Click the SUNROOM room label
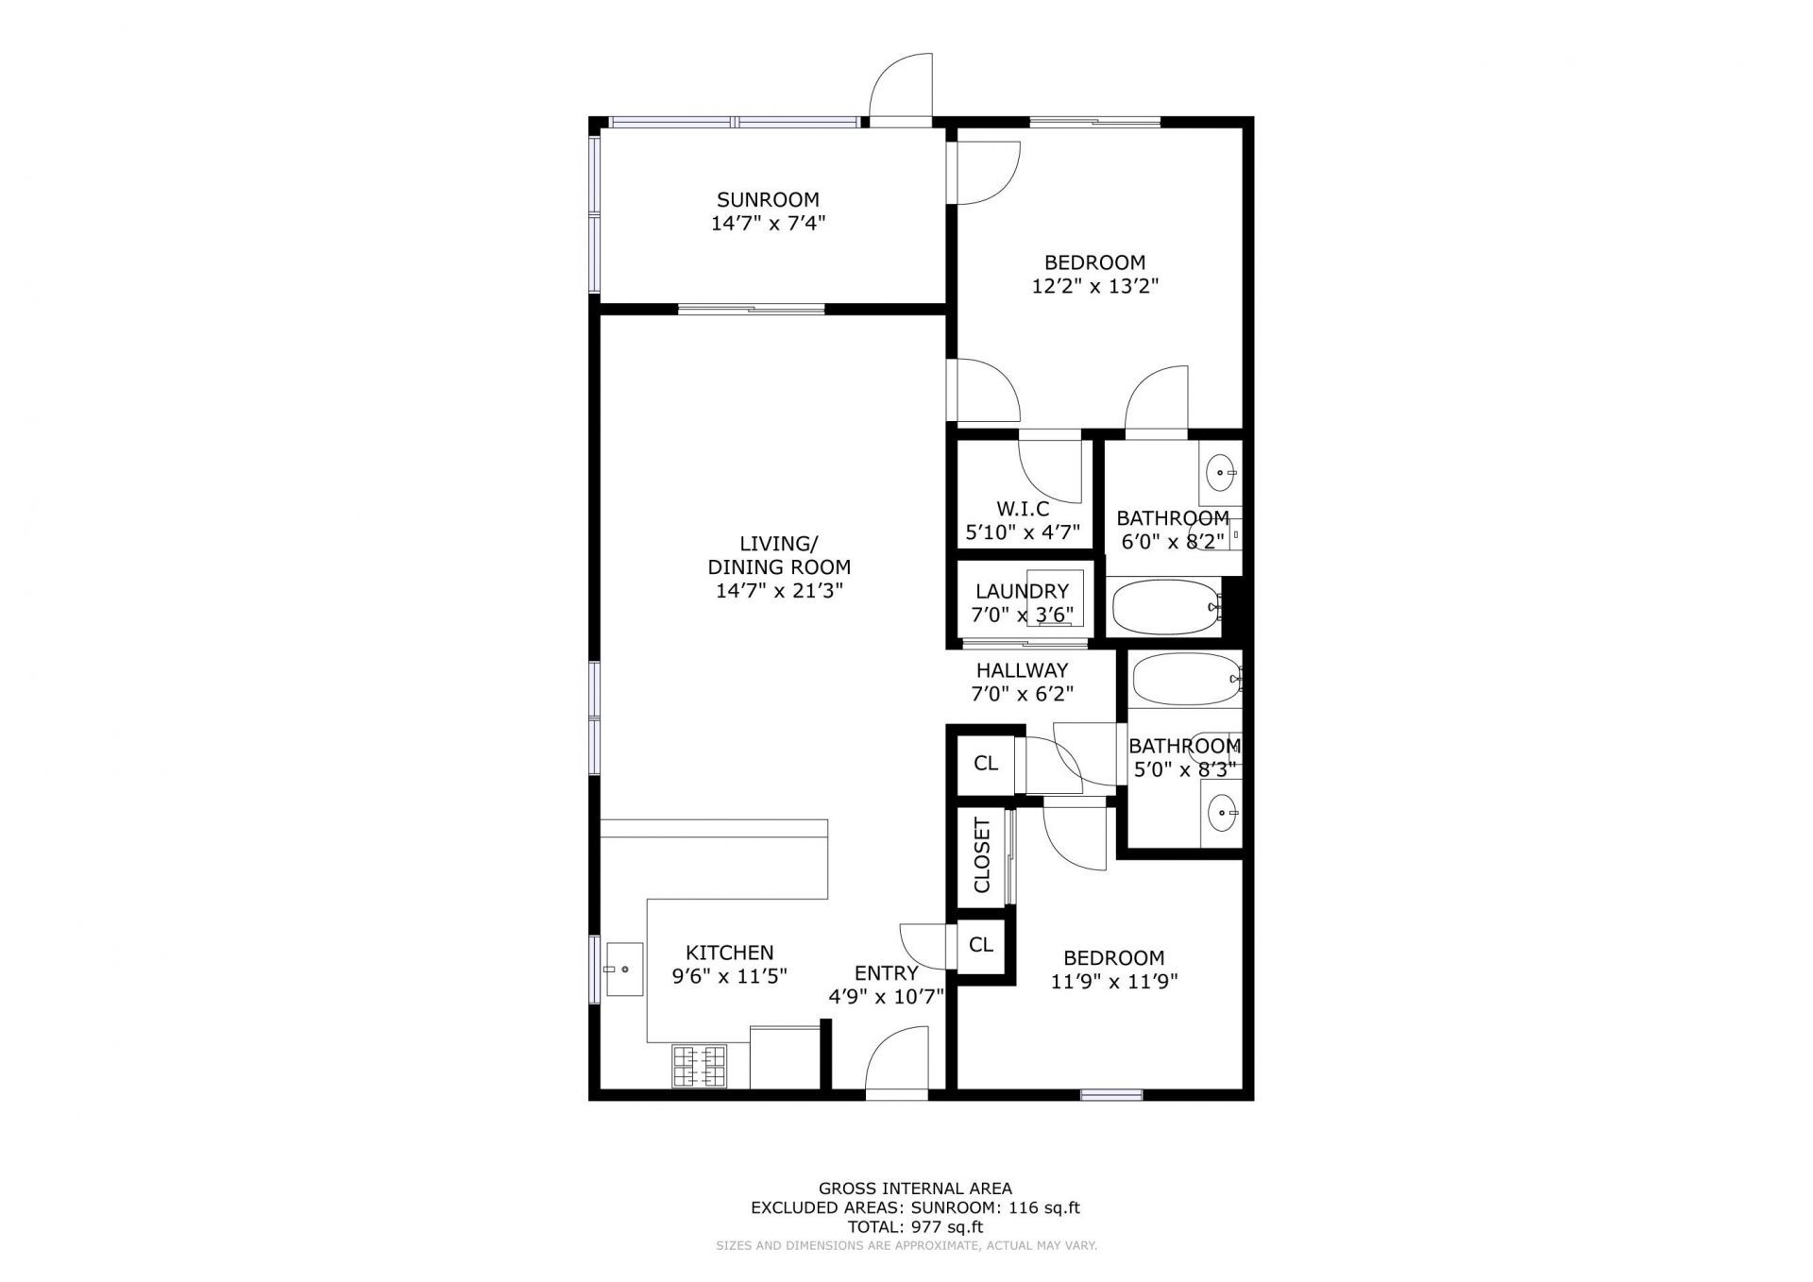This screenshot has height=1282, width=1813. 767,199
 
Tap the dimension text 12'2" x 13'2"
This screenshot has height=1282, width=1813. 1094,286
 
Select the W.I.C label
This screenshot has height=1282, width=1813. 1022,509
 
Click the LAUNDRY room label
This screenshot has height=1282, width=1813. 1022,591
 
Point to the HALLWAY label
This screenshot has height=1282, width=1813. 1022,670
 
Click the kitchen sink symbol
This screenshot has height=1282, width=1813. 623,970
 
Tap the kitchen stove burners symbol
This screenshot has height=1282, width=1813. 699,1066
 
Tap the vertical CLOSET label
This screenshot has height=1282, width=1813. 982,855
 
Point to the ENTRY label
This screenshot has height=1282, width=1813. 886,973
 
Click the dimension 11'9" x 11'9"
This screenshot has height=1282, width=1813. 1114,981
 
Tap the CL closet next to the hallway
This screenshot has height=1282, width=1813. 985,763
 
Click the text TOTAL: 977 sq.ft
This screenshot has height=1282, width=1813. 914,1227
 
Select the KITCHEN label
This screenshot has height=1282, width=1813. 729,953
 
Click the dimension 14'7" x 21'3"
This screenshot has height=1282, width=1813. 779,591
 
